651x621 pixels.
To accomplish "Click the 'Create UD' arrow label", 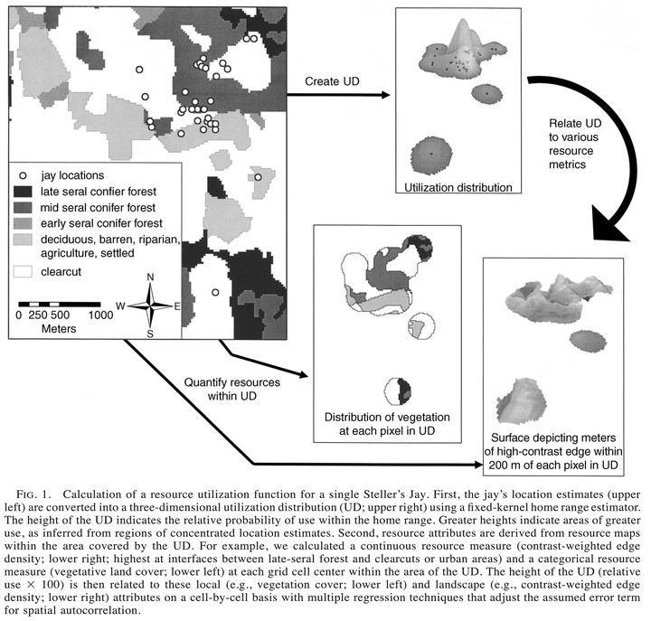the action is click(x=332, y=81).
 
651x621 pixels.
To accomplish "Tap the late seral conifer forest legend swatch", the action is click(x=23, y=192).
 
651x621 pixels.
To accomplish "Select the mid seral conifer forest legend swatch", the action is click(x=23, y=207).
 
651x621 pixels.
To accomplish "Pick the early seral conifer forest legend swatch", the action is click(x=23, y=223).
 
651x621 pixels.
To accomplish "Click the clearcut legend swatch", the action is click(x=23, y=271).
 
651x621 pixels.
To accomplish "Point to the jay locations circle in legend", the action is click(x=23, y=175).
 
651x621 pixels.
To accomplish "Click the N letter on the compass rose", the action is click(x=150, y=277).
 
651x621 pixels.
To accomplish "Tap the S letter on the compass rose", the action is click(x=150, y=334).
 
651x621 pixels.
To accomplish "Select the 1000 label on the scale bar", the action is click(x=100, y=315).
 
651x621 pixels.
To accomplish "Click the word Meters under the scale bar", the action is click(x=59, y=329).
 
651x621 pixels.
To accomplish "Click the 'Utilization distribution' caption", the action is click(x=458, y=188).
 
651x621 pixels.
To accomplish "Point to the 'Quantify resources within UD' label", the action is click(x=232, y=389).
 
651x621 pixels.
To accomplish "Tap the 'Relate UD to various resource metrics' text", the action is click(x=575, y=144).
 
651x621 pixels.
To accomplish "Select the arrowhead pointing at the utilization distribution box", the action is click(x=385, y=95).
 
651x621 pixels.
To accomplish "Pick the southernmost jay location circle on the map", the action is click(x=215, y=292).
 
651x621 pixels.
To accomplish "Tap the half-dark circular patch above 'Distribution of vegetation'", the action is click(x=397, y=391).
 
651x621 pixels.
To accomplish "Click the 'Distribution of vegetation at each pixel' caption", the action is click(x=387, y=424).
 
